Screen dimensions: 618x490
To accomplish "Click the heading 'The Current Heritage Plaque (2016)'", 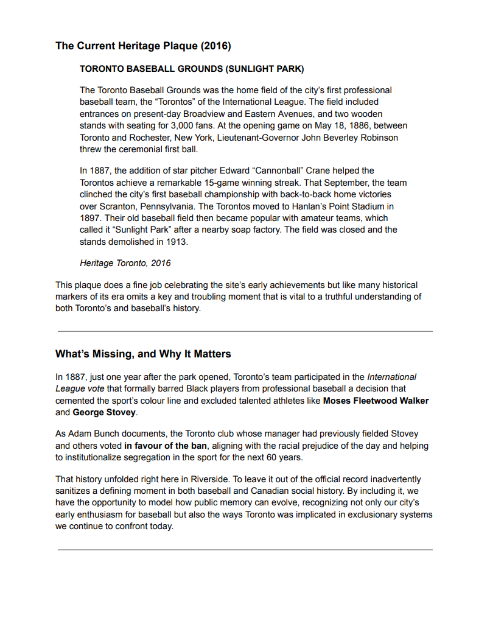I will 143,46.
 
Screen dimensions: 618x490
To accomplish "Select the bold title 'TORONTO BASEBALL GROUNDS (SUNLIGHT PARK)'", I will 192,69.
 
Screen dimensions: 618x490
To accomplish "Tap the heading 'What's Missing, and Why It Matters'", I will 143,354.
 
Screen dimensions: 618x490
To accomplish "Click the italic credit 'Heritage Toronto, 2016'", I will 125,263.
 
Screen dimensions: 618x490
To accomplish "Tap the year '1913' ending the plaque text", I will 178,241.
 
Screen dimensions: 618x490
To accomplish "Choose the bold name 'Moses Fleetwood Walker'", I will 376,401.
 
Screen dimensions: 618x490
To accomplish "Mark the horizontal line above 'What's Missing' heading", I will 245,331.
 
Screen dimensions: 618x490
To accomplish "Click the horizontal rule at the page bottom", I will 245,550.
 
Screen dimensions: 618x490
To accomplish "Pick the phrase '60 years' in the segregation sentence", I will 276,457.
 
